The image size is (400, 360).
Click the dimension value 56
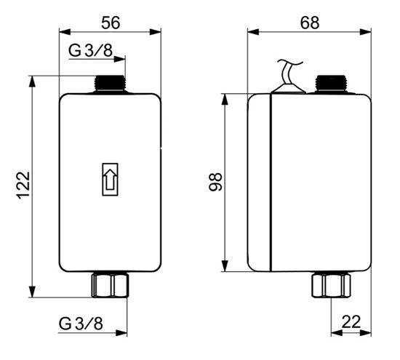click(111, 23)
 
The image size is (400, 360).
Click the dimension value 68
click(309, 23)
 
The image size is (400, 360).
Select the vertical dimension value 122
click(24, 185)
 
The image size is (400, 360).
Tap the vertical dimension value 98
click(215, 182)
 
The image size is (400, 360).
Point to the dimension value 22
click(351, 321)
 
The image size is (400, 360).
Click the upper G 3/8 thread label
click(90, 50)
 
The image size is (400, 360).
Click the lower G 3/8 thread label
click(81, 324)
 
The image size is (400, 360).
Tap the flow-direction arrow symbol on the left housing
click(110, 180)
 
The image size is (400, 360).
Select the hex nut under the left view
click(110, 285)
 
